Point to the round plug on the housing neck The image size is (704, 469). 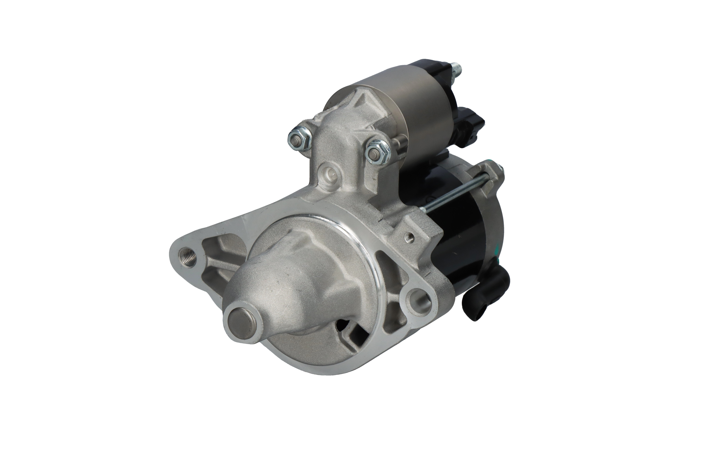[329, 174]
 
